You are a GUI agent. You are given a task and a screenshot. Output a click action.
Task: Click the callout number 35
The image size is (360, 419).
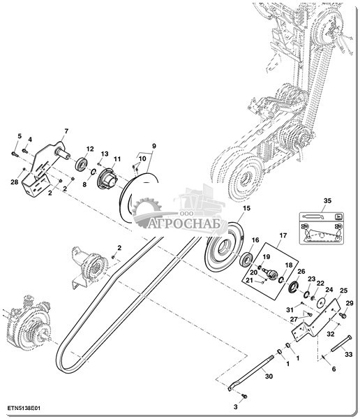pos(327,200)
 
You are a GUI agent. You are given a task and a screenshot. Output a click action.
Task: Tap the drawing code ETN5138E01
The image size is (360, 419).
pos(24,409)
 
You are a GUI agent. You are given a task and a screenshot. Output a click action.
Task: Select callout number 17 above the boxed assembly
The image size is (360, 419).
pos(283,235)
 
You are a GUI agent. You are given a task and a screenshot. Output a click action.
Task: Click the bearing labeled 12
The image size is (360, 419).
pos(81,164)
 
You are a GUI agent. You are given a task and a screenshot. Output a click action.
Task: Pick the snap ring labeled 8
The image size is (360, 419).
pos(93,172)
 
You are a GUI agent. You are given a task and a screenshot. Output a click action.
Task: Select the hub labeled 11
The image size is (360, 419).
pos(107,179)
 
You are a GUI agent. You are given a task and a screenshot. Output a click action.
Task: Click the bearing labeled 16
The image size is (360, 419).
pos(246,259)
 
